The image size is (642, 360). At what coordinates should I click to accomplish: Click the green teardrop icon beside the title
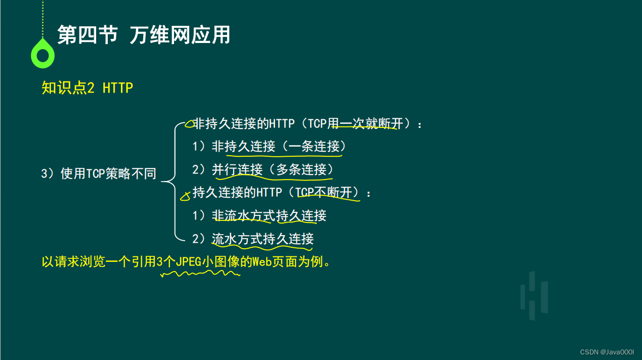point(42,55)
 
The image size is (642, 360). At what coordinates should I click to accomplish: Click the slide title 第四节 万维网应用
point(144,35)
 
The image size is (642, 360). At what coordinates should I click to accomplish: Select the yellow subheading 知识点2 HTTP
point(88,87)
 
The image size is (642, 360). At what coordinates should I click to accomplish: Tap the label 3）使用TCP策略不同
point(99,173)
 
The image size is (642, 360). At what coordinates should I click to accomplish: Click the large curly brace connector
point(175,182)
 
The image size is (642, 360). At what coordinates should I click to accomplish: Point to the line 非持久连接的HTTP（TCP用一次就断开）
point(307,124)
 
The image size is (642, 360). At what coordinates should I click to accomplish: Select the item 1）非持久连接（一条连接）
point(269,146)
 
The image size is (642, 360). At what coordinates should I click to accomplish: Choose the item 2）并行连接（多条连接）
point(263,169)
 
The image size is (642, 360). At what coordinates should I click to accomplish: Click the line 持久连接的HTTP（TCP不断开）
point(281,192)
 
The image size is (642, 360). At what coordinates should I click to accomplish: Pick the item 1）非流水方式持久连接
point(260,215)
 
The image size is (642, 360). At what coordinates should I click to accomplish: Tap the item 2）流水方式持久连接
point(253,239)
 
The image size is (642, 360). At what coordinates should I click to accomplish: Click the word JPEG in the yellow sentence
point(189,261)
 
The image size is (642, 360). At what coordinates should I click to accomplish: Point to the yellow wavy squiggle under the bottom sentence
point(200,274)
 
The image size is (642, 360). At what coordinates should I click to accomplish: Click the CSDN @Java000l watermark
point(607,352)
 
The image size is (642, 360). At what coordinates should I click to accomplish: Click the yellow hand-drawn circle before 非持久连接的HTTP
point(189,124)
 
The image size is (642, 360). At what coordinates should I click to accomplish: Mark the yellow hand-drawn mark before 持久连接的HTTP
point(186,196)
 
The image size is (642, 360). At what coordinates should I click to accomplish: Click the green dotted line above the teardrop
point(42,19)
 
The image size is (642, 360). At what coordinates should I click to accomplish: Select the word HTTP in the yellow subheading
point(118,87)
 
